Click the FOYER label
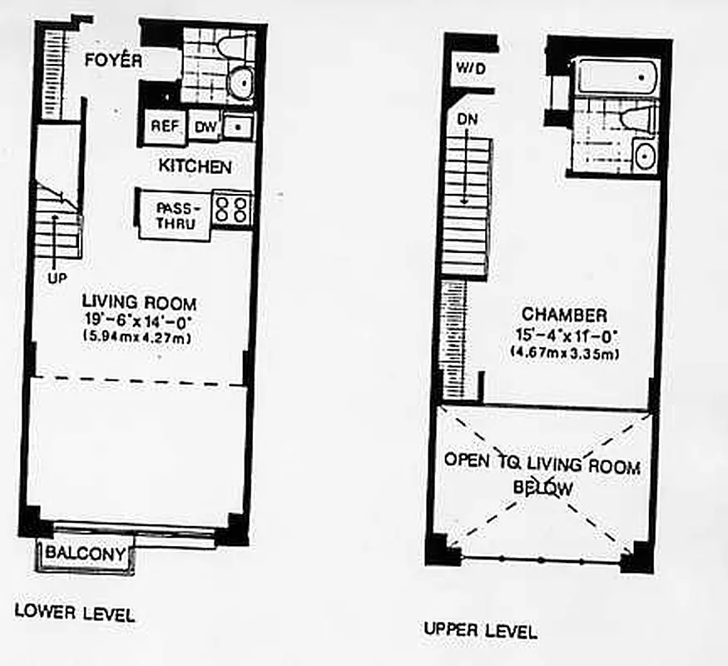click(x=114, y=60)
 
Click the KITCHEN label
click(x=195, y=166)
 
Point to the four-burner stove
click(x=232, y=208)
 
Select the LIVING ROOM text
click(x=139, y=303)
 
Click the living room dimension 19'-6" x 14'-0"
click(x=139, y=321)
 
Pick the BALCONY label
click(x=86, y=554)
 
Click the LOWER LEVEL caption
click(x=75, y=615)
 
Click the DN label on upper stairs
click(x=468, y=122)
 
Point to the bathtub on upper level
click(x=617, y=77)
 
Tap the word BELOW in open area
click(x=542, y=489)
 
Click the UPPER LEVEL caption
click(x=480, y=631)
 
